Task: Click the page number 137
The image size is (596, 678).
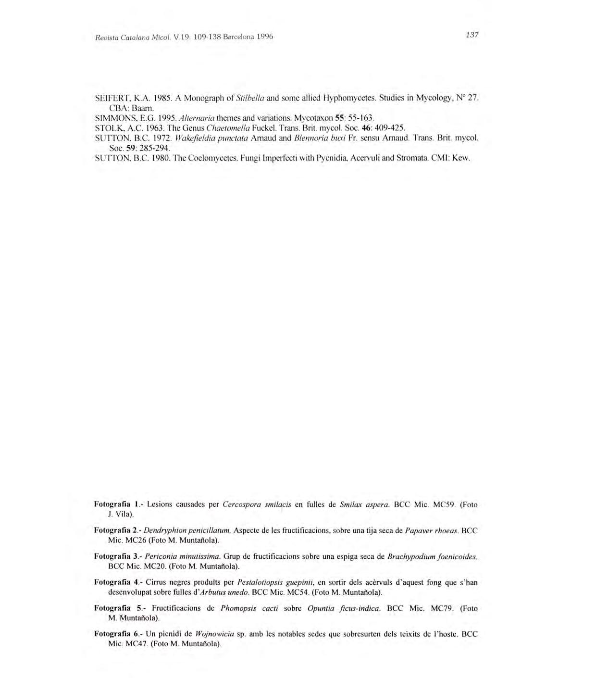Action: click(472, 35)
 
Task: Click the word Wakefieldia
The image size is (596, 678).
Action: click(185, 138)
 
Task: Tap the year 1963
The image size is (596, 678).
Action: click(157, 128)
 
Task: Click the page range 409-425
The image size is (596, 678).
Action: click(389, 128)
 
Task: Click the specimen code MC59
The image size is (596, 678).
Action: click(444, 505)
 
